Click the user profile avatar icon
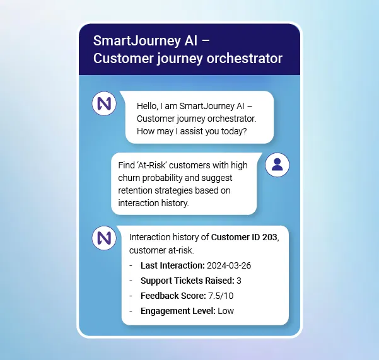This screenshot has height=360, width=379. click(x=277, y=165)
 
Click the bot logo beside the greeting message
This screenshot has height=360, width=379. click(x=104, y=103)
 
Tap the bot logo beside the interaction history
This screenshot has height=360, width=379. click(x=104, y=238)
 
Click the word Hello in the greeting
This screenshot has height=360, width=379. click(x=148, y=105)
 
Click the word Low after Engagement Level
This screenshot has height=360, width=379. click(x=226, y=311)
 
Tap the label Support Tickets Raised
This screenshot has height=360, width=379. click(x=187, y=281)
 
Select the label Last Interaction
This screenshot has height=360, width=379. click(x=172, y=265)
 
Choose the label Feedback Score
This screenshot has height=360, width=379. click(x=173, y=296)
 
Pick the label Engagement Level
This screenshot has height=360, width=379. click(x=178, y=311)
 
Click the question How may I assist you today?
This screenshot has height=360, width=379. click(x=192, y=131)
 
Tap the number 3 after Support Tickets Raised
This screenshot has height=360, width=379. click(x=239, y=281)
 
